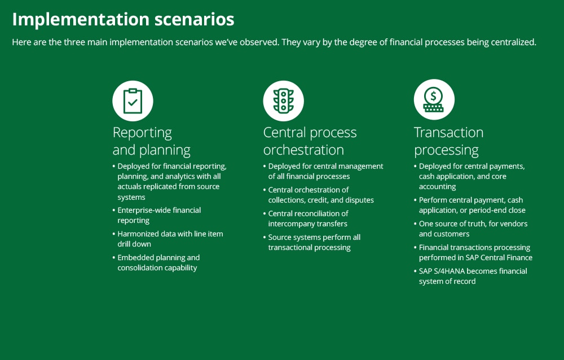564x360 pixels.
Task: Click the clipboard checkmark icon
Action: pos(133,101)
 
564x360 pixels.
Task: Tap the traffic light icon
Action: pos(284,101)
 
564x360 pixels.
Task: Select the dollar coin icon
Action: pos(434,99)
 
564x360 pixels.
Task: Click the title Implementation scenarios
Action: pos(123,19)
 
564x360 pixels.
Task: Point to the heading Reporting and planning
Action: pos(151,141)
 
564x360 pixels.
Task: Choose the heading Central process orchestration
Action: pos(310,141)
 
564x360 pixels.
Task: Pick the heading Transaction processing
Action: pos(448,141)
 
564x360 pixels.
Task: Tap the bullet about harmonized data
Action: pos(168,239)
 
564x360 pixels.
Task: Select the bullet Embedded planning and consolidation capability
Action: pos(156,262)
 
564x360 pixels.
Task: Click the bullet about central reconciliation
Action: pos(306,218)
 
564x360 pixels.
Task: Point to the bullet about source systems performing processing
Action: pos(312,242)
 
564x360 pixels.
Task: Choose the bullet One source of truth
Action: pos(471,229)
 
